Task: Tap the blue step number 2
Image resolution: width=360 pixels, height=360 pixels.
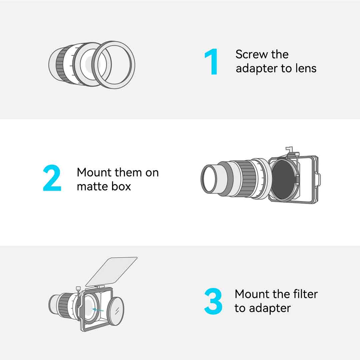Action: (52, 178)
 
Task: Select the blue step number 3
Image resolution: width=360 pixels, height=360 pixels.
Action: (213, 301)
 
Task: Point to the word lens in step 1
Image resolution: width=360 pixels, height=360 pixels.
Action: (306, 68)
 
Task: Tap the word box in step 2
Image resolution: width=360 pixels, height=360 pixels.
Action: (121, 186)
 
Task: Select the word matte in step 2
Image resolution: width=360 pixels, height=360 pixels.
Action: (93, 186)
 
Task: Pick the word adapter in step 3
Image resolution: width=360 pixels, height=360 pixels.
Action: (270, 309)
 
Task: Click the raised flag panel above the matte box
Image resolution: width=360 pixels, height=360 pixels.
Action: (111, 272)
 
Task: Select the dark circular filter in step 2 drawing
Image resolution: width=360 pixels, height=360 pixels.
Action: (283, 180)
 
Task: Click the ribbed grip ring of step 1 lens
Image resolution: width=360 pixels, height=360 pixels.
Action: (62, 64)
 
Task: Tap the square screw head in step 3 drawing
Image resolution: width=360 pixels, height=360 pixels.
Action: (78, 288)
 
